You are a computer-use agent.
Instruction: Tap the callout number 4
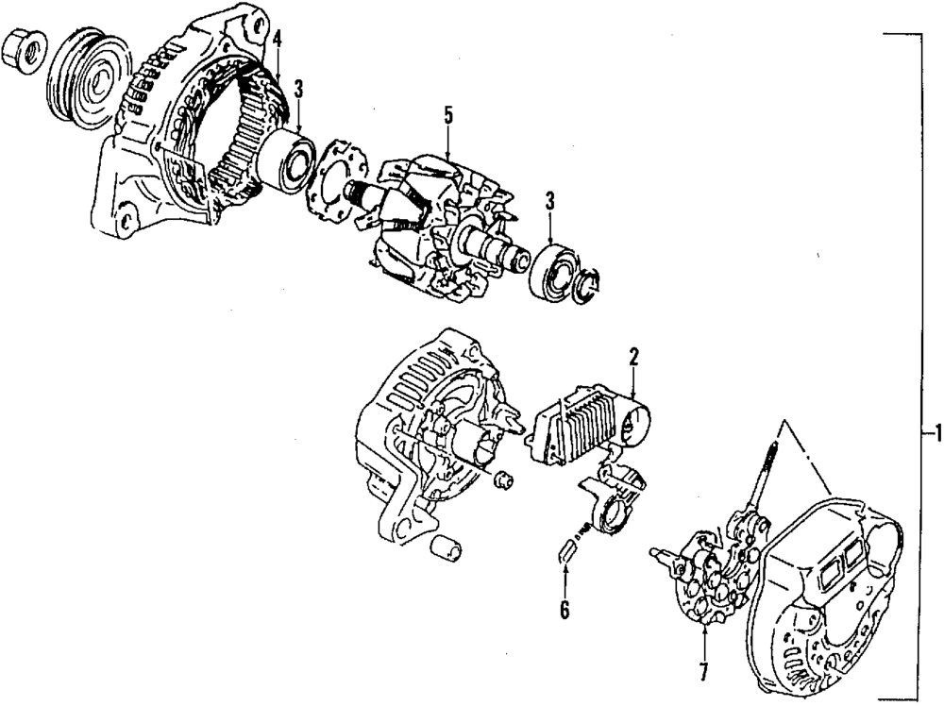pyautogui.click(x=277, y=40)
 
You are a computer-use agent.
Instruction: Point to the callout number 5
pyautogui.click(x=448, y=115)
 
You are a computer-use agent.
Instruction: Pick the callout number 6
pyautogui.click(x=565, y=611)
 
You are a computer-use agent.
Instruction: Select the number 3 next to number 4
pyautogui.click(x=298, y=90)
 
